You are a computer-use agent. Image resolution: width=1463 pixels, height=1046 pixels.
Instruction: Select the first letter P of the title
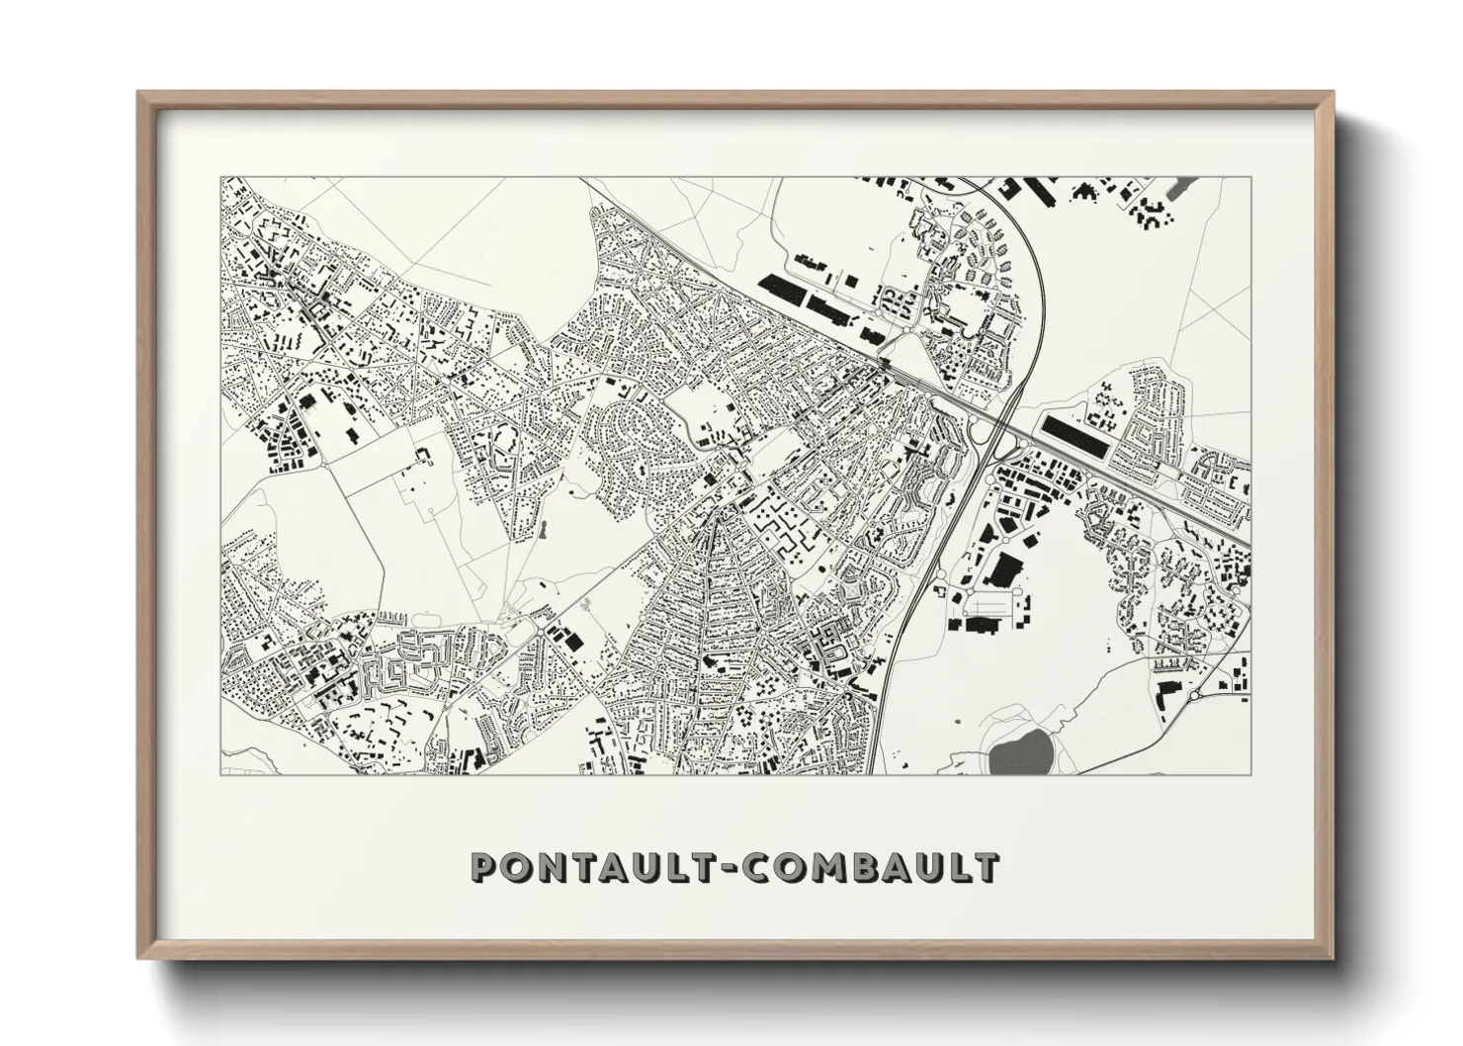484,867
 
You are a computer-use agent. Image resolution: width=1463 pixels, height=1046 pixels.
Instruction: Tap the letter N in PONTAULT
556,867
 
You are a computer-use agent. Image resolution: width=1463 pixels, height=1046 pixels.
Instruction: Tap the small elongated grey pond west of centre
542,530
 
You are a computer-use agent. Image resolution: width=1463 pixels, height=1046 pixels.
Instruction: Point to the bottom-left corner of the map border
221,774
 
